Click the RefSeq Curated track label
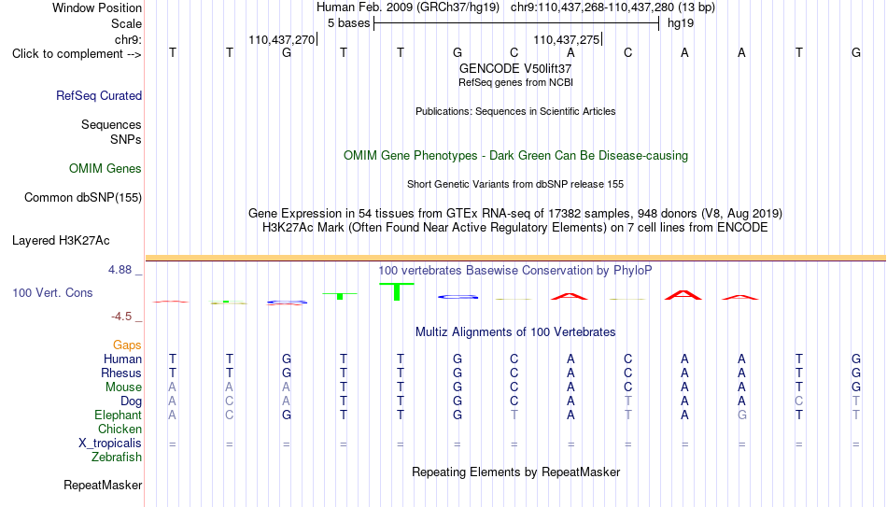click(99, 95)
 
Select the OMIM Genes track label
click(106, 169)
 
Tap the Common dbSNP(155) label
click(83, 198)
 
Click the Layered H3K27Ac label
click(61, 241)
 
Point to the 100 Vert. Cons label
click(52, 292)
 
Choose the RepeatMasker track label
click(103, 485)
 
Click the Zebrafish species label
click(117, 457)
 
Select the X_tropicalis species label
click(110, 444)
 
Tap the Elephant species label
click(119, 415)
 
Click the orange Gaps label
click(127, 345)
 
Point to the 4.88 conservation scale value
click(120, 270)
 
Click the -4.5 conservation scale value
click(121, 317)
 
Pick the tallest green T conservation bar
click(397, 291)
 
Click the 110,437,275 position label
click(566, 39)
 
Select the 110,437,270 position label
click(281, 39)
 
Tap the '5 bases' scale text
click(348, 23)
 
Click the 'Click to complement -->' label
click(77, 54)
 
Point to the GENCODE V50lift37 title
click(515, 68)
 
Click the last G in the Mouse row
click(856, 387)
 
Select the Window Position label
click(97, 7)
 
